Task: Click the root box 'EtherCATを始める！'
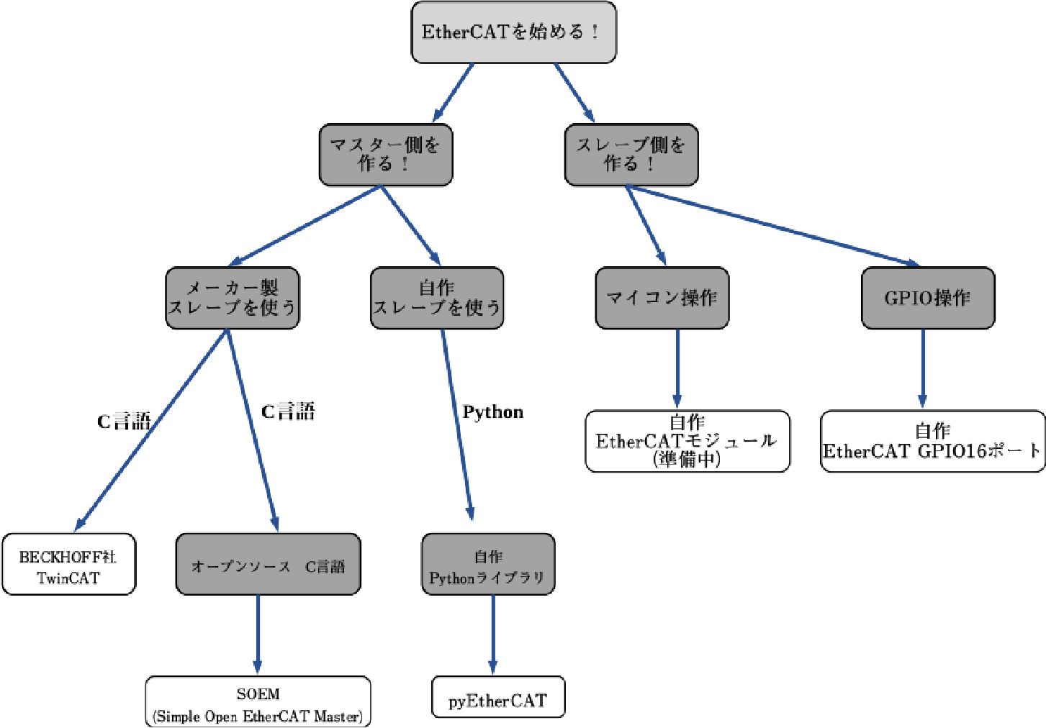[x=513, y=32]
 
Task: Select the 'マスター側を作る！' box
[x=386, y=155]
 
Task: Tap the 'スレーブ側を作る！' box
[x=631, y=155]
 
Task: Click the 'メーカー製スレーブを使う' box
[x=232, y=298]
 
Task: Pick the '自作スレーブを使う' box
[x=437, y=298]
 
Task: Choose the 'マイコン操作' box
[x=662, y=298]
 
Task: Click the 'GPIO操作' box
[x=928, y=298]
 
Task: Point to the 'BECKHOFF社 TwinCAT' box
[x=68, y=564]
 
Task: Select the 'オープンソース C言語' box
[x=268, y=564]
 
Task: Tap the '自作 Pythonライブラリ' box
[x=487, y=564]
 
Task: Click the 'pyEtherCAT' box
[x=498, y=697]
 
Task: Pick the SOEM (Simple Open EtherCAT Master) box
[x=258, y=701]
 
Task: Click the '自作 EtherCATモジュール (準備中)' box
[x=687, y=441]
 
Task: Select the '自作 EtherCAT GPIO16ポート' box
[x=932, y=441]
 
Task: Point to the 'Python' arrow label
[x=493, y=412]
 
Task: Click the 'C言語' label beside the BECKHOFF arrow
[x=124, y=422]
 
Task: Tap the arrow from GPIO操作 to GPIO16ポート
[x=923, y=367]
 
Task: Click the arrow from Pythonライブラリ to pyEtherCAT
[x=493, y=633]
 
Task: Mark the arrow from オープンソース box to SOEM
[x=258, y=633]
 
